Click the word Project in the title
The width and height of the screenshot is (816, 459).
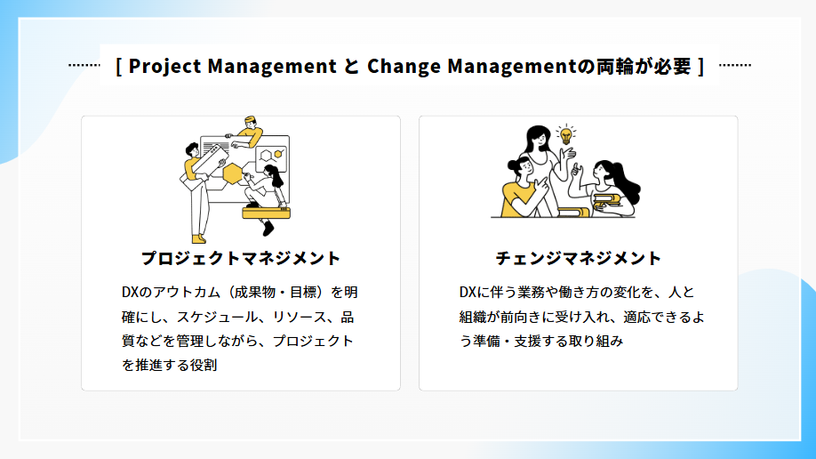click(x=164, y=66)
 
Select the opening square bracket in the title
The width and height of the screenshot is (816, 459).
click(x=118, y=66)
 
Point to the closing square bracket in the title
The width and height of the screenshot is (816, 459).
click(x=701, y=66)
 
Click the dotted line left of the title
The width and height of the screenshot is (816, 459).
click(x=84, y=65)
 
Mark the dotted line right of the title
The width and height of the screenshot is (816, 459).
click(x=735, y=65)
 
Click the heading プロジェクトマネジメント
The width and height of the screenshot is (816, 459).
click(x=241, y=258)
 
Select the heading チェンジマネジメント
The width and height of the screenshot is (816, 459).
click(x=578, y=258)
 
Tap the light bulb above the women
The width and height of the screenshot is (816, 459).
click(x=565, y=135)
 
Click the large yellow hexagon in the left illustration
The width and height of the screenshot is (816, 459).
click(x=233, y=173)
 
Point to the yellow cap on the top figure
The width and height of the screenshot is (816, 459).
click(x=251, y=119)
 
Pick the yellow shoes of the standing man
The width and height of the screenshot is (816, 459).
click(x=198, y=239)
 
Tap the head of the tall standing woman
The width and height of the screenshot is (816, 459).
click(x=538, y=138)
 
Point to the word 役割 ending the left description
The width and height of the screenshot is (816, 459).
click(x=204, y=365)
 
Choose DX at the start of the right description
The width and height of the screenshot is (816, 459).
click(x=468, y=293)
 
